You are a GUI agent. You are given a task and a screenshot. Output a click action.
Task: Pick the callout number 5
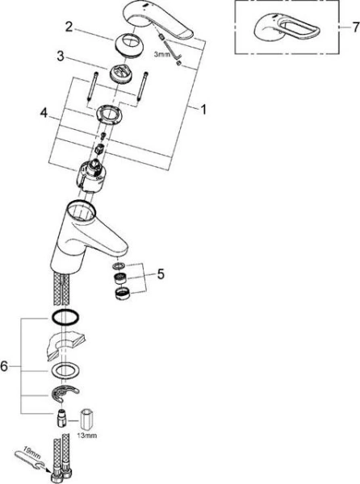click(160, 274)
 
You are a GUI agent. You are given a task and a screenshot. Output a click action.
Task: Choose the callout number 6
click(6, 367)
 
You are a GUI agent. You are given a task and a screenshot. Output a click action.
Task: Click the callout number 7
click(354, 27)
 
